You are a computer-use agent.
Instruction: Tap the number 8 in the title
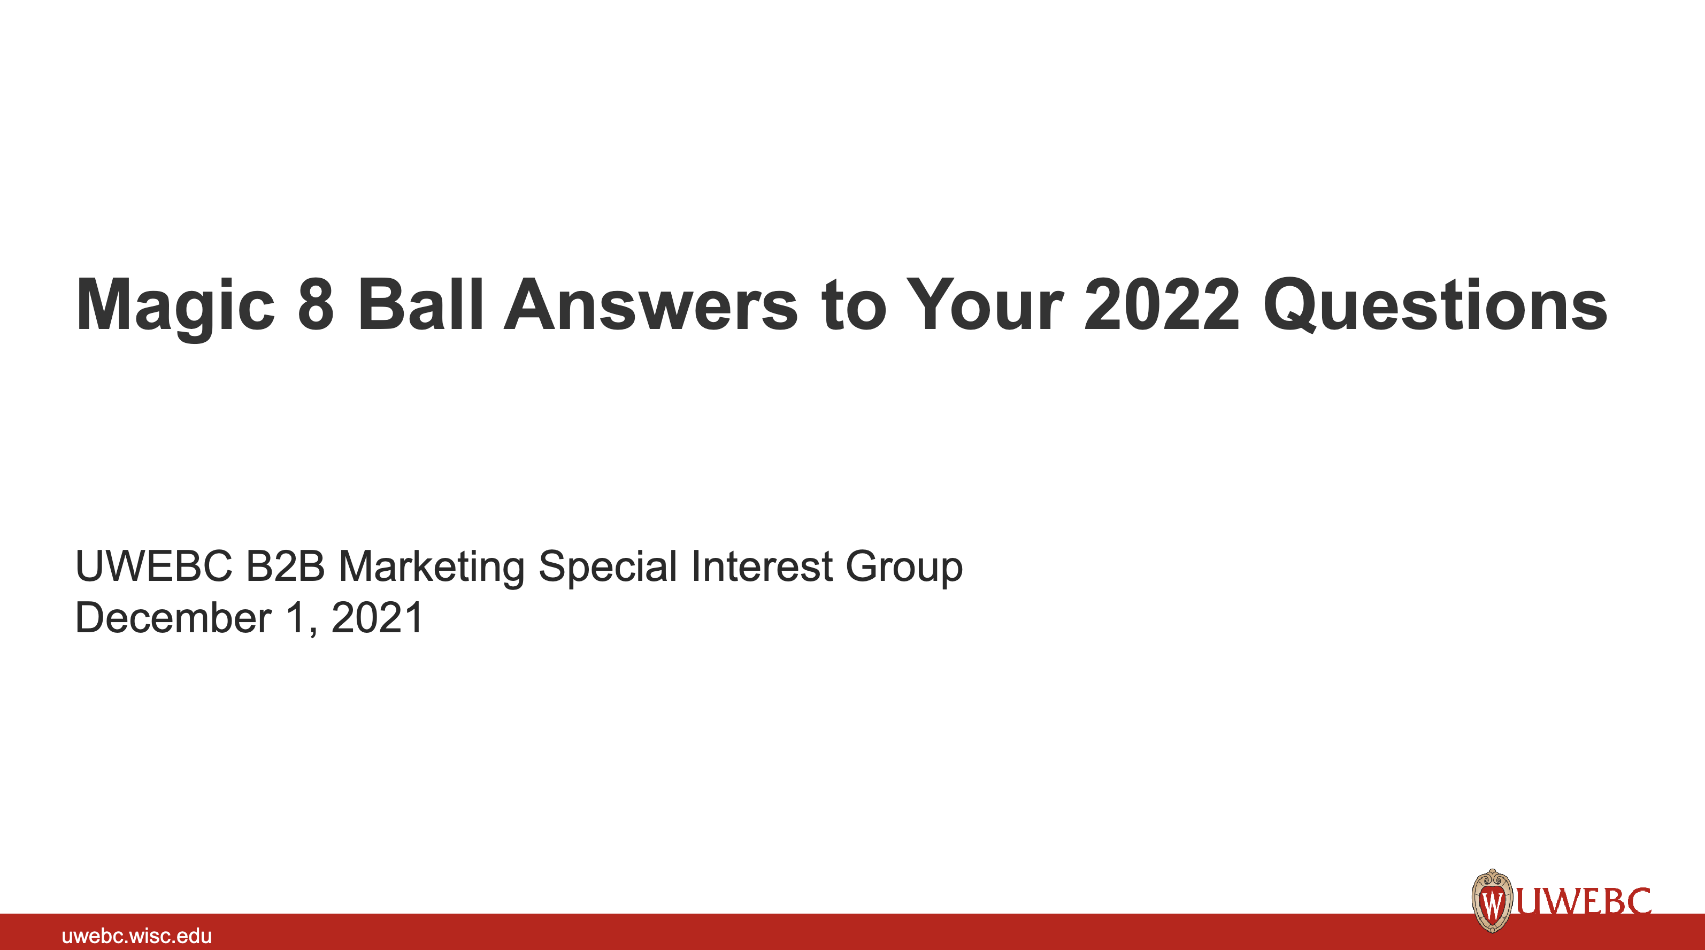[x=316, y=304]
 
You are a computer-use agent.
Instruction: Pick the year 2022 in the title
[x=1162, y=304]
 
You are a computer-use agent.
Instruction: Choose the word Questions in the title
[x=1435, y=306]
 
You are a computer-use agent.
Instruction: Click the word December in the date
[x=173, y=618]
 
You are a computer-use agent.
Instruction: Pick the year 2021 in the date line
[x=377, y=618]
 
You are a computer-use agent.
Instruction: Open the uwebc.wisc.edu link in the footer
[x=136, y=936]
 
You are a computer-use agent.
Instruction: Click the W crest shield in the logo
[x=1492, y=901]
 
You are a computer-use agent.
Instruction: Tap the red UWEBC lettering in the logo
[x=1583, y=902]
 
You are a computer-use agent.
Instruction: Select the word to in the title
[x=853, y=306]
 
